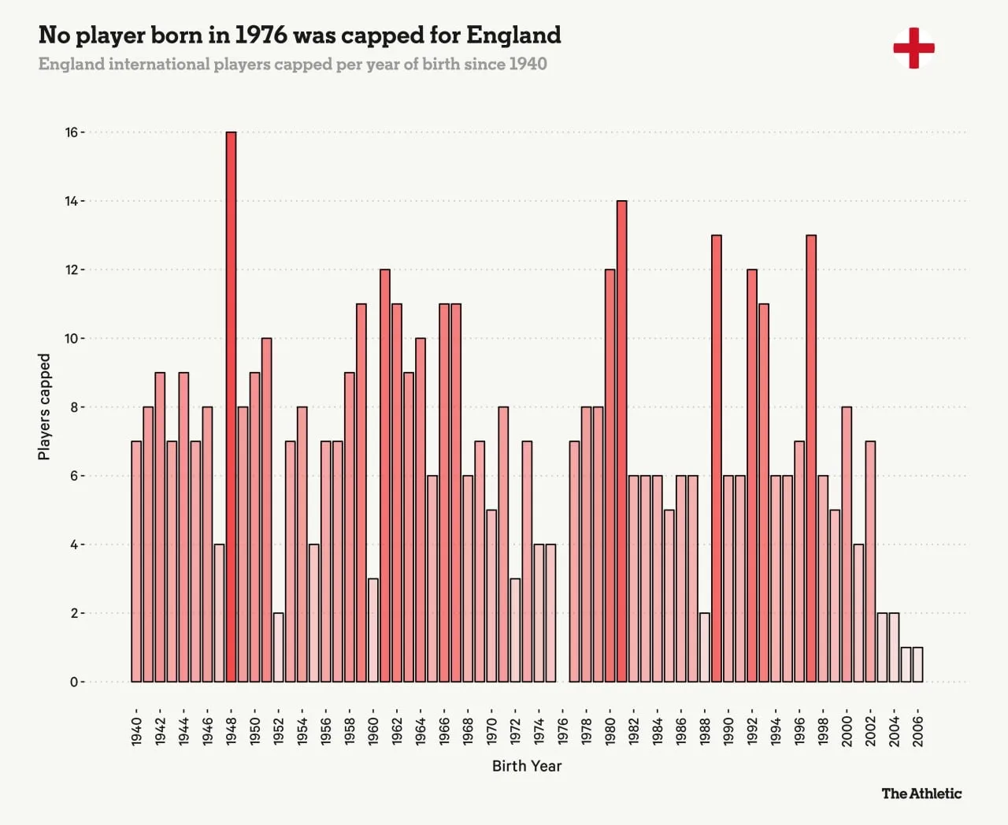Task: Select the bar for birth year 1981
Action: (621, 441)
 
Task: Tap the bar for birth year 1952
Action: (278, 647)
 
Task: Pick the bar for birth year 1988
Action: (704, 647)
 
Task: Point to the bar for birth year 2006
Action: (917, 664)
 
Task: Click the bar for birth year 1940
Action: (136, 561)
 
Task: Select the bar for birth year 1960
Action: (372, 630)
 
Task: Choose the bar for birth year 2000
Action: (847, 544)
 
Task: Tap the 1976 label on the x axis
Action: (562, 730)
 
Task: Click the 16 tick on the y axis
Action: (72, 132)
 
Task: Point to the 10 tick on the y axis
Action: (72, 339)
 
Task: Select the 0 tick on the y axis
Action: (74, 682)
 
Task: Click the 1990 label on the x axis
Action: (728, 730)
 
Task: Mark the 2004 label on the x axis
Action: (894, 730)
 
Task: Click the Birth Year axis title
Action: (527, 766)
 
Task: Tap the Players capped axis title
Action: (44, 407)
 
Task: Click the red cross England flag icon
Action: (913, 48)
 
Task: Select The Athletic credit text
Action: (921, 793)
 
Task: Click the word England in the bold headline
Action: (513, 35)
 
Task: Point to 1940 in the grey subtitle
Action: (528, 64)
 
